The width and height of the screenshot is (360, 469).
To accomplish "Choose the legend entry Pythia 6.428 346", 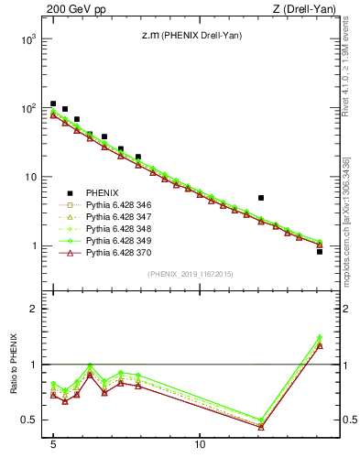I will point(118,205).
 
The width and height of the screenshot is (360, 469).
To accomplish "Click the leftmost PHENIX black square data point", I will point(53,104).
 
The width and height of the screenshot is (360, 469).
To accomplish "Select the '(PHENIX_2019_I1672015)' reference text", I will point(189,274).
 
